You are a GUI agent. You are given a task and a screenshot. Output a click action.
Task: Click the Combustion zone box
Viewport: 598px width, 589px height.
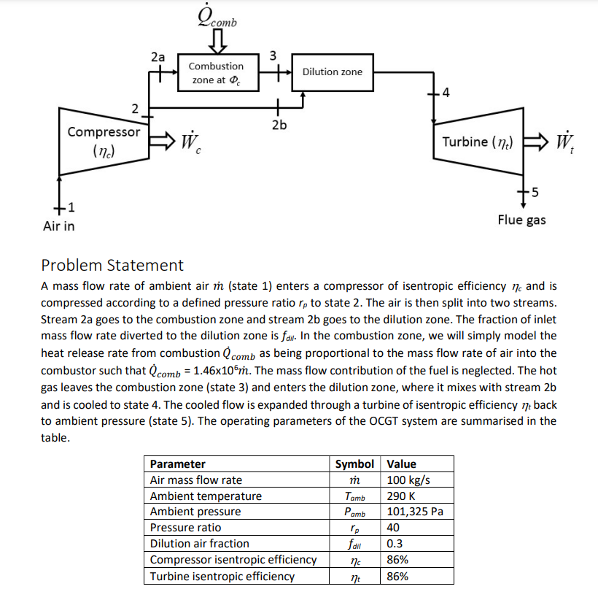221,72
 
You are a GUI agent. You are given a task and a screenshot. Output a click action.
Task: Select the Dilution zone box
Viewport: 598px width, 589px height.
332,72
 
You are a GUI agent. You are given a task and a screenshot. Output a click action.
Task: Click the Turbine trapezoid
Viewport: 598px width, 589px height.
477,142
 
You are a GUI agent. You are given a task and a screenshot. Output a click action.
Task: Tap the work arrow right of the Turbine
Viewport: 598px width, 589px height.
539,141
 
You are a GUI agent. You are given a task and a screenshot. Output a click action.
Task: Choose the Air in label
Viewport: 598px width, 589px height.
58,226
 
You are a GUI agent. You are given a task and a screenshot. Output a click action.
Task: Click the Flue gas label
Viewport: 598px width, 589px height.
521,220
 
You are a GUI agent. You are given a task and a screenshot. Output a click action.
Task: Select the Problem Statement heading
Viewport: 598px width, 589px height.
112,265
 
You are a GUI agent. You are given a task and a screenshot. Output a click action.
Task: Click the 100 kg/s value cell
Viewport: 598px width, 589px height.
408,480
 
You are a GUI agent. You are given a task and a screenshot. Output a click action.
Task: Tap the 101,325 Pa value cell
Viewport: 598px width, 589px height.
415,512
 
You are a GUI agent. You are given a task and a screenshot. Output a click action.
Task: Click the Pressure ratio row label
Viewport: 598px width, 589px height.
185,528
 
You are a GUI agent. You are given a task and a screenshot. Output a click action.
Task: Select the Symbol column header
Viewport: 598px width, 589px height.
354,464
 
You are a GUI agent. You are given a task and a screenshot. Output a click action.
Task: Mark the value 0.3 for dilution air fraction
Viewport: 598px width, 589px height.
395,544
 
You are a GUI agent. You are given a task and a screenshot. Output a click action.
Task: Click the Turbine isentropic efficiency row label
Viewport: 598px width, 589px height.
222,576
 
